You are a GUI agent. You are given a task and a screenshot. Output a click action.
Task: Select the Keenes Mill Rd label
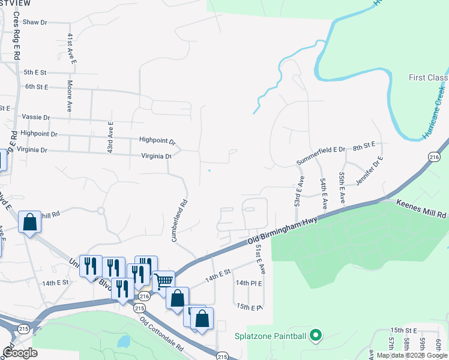click(422, 209)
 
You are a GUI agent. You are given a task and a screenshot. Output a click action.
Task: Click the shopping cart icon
click(163, 280)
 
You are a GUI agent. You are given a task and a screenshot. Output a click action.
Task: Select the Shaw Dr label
click(35, 22)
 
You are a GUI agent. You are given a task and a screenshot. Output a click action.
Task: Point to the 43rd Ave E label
click(110, 137)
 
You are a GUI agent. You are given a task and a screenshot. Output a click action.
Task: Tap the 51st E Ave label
click(260, 259)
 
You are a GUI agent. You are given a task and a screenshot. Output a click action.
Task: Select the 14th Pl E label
click(249, 283)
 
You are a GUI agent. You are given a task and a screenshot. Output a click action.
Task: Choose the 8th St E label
click(364, 146)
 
